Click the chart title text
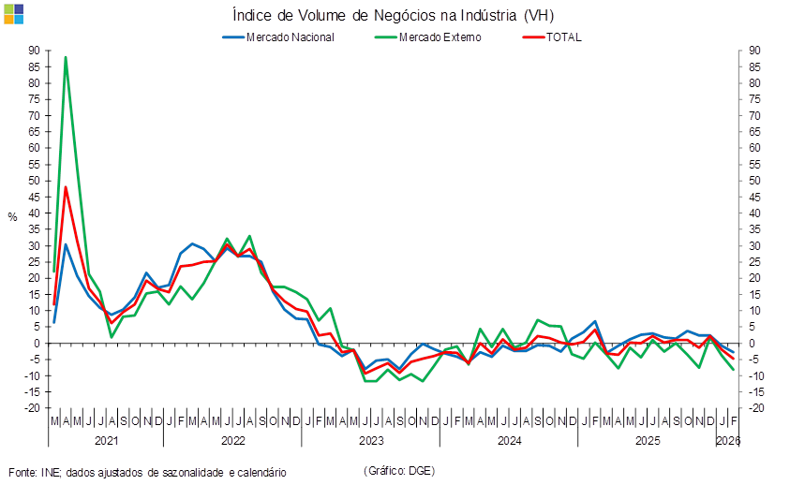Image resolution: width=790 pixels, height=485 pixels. (x=398, y=14)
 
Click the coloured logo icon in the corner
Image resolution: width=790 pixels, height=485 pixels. (x=13, y=13)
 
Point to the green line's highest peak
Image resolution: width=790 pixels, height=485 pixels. (x=65, y=57)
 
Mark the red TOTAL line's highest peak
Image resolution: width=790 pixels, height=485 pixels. (x=65, y=186)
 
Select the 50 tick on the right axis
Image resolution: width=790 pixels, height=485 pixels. (x=754, y=181)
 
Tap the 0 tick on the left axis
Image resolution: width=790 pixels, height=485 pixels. (x=36, y=343)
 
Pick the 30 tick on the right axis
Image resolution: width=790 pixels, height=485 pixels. (x=754, y=245)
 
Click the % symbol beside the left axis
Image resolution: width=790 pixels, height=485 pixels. (x=12, y=216)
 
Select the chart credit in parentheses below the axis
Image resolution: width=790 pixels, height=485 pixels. (x=398, y=470)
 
